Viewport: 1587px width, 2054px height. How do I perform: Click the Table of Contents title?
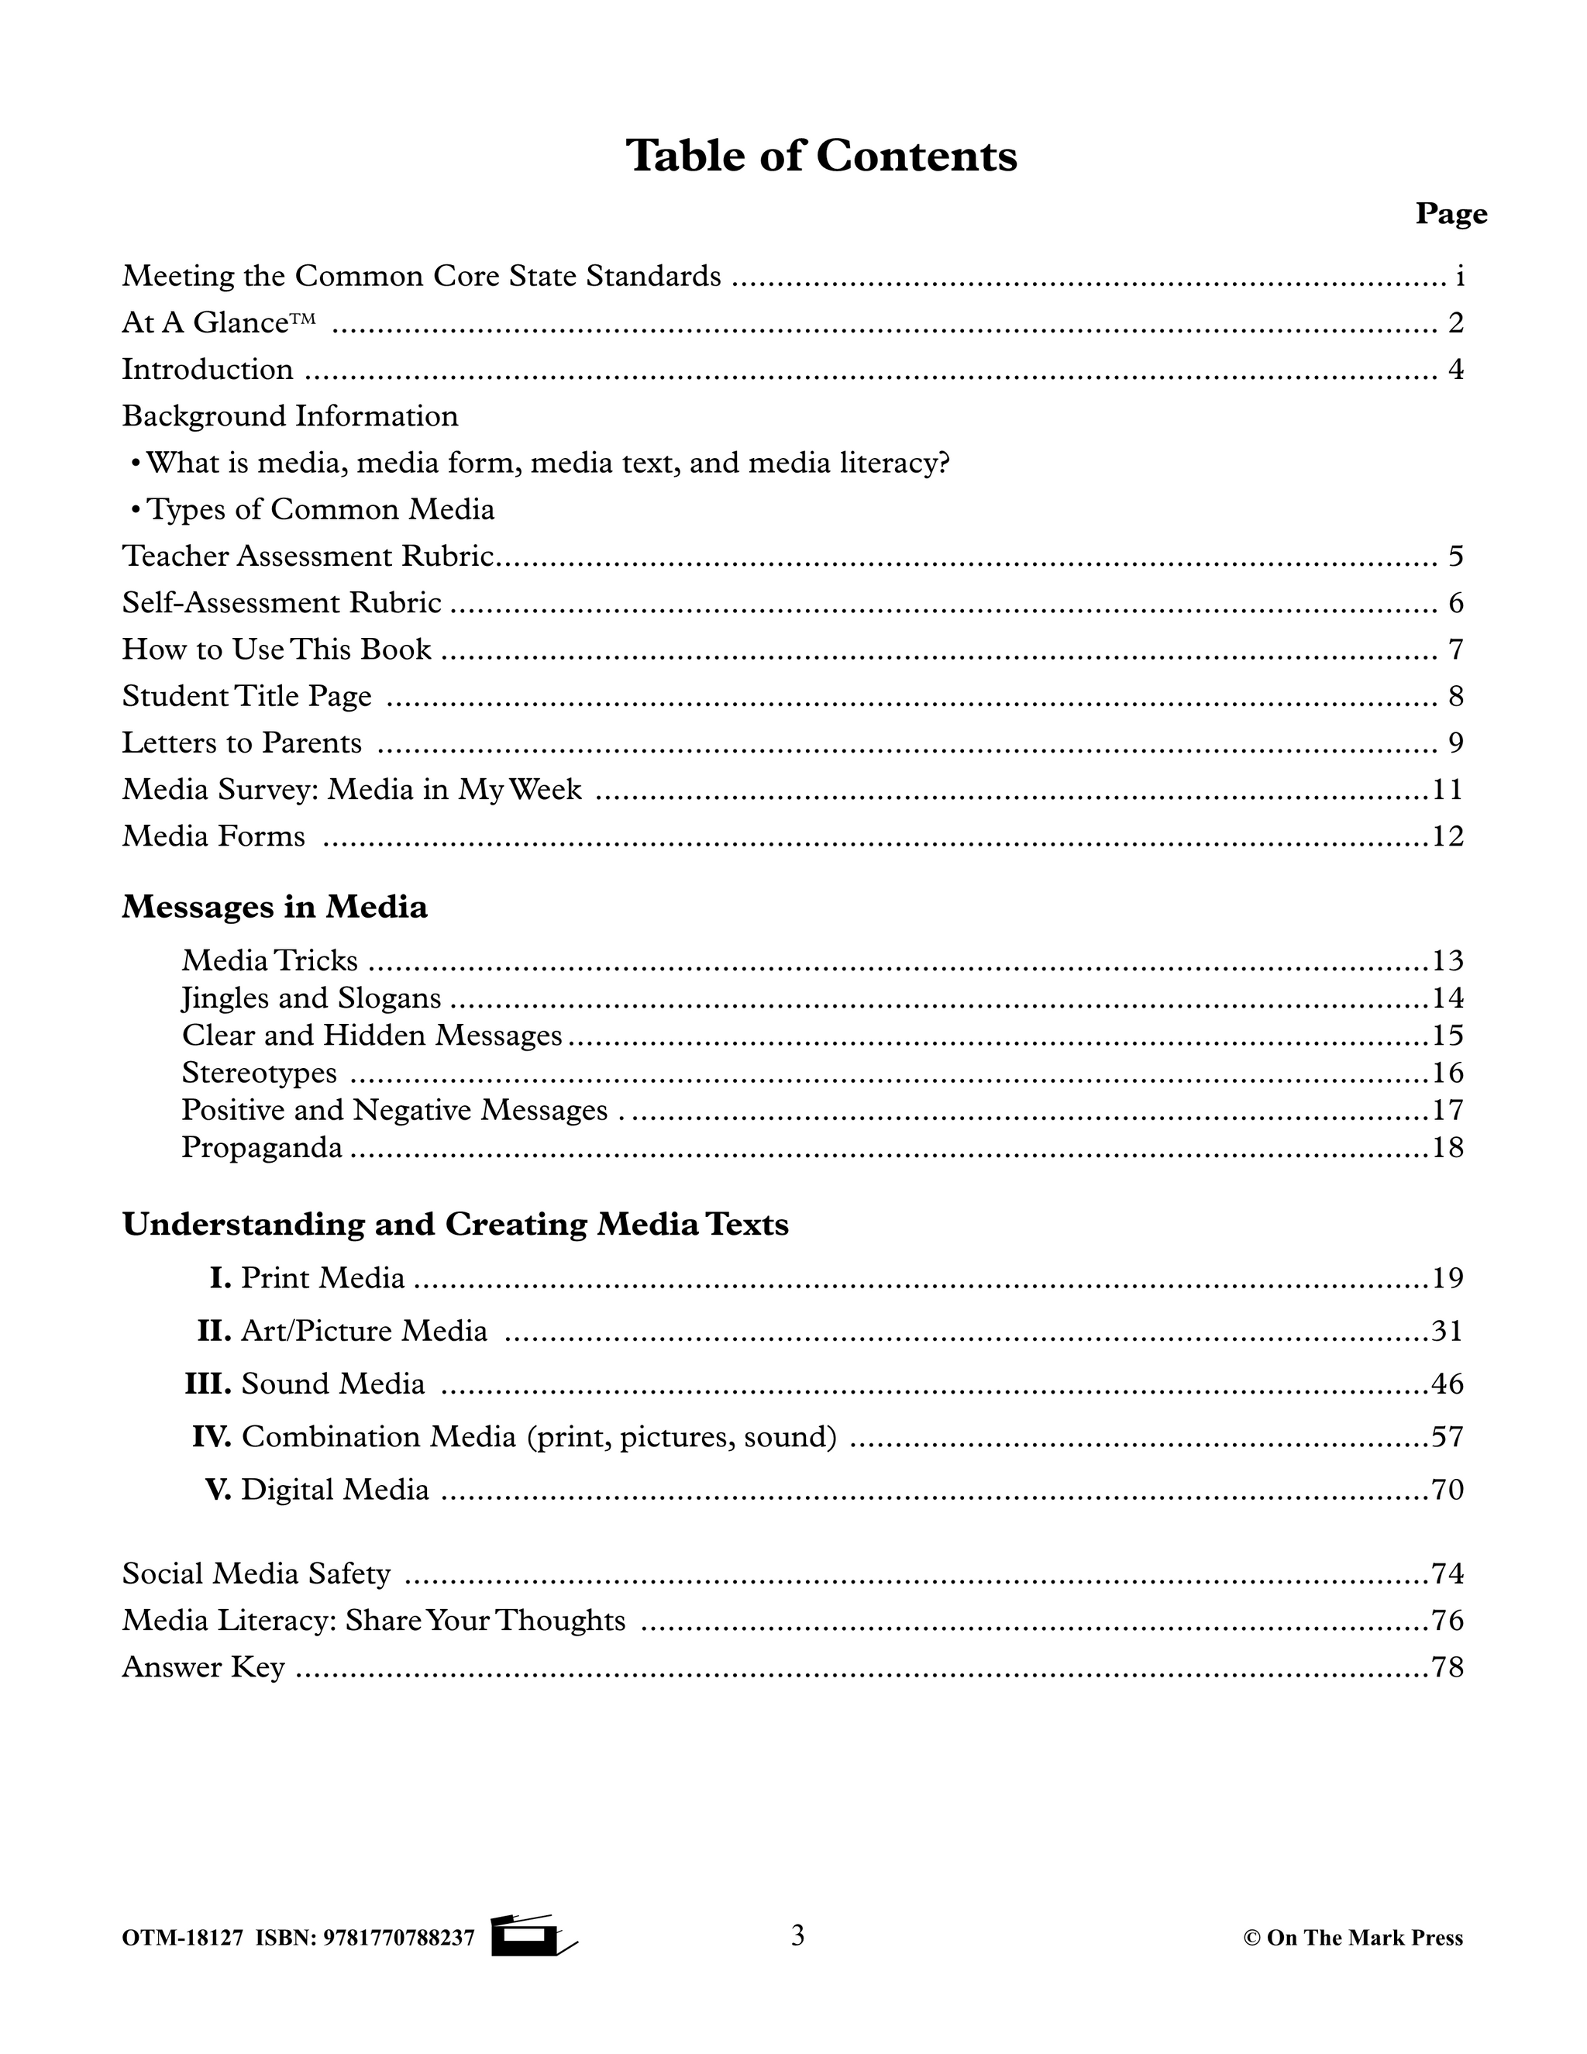click(x=821, y=156)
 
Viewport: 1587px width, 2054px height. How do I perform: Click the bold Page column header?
click(x=1451, y=215)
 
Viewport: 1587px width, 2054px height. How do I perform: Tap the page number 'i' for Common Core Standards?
click(x=1459, y=277)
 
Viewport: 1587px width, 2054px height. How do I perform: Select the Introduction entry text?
click(x=208, y=370)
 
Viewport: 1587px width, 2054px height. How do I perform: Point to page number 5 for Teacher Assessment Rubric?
click(x=1455, y=557)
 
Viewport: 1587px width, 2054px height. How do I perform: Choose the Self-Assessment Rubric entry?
click(x=281, y=603)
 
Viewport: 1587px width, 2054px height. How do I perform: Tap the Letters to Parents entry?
click(x=242, y=743)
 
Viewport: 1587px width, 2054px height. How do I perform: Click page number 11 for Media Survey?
click(x=1448, y=789)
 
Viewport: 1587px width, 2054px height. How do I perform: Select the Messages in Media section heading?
click(x=274, y=908)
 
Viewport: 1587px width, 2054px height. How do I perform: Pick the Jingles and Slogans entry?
click(x=312, y=998)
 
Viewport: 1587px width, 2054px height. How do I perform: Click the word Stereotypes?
click(x=259, y=1073)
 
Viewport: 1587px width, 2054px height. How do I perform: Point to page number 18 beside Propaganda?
click(x=1448, y=1147)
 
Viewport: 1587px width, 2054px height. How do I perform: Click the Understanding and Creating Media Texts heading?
click(x=455, y=1225)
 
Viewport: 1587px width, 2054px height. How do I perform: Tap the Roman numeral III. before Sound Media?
click(x=208, y=1384)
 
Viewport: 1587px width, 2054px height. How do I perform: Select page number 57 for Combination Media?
click(x=1448, y=1437)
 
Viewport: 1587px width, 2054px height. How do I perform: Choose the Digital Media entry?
click(x=335, y=1490)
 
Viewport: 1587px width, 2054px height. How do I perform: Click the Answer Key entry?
click(x=203, y=1667)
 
